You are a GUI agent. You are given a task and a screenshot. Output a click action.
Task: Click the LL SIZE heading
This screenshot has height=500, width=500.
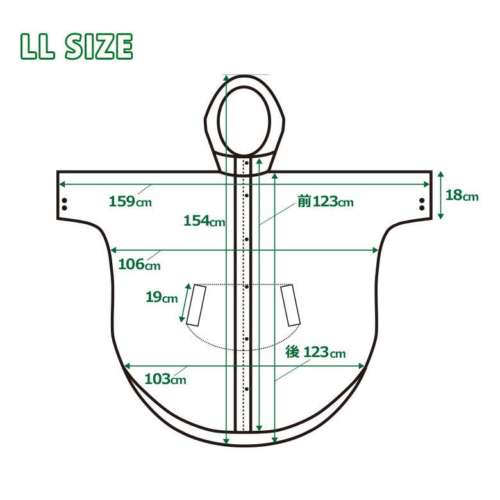(76, 46)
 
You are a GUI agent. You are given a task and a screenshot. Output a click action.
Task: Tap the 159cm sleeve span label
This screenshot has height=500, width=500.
(130, 201)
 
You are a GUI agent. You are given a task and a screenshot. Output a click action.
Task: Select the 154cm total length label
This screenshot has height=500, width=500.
(204, 221)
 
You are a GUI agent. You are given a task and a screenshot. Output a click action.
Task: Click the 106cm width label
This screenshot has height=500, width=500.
(139, 264)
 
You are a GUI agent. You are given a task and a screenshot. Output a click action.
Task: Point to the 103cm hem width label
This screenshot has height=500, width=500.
(165, 379)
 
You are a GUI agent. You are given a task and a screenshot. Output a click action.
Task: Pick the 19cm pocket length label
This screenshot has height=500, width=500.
(162, 297)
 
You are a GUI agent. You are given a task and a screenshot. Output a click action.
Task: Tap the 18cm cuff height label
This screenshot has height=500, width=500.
(462, 195)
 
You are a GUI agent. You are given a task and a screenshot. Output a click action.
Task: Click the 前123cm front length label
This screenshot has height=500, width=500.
(326, 201)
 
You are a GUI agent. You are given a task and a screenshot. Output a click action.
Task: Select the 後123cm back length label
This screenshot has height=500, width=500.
(315, 353)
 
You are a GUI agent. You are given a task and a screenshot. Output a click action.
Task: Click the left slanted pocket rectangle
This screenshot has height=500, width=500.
(196, 306)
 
